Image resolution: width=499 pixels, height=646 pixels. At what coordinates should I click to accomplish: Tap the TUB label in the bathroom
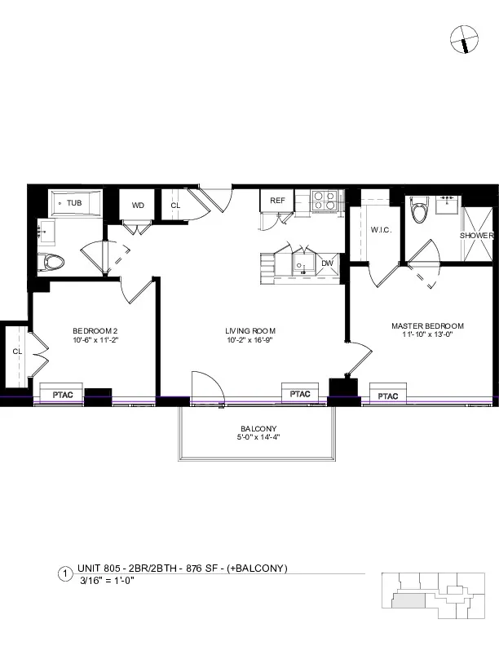click(74, 202)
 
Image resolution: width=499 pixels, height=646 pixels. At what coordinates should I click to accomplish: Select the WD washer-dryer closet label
click(138, 206)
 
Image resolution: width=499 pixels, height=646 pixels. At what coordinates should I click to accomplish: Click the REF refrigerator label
click(277, 201)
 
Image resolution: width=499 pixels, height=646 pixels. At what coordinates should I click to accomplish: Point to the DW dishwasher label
click(327, 263)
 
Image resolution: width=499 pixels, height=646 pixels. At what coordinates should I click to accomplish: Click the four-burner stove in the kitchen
click(324, 200)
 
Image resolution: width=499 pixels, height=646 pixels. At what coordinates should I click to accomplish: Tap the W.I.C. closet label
click(381, 230)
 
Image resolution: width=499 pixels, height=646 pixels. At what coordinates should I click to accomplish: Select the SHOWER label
click(476, 235)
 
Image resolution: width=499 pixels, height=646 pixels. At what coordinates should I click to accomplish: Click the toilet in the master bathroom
click(420, 210)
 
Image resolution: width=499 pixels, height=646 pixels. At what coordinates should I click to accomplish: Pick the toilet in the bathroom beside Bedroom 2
click(53, 263)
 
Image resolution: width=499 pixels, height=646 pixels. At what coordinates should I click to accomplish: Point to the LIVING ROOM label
click(249, 330)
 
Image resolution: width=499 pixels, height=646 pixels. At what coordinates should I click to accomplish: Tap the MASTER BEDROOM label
click(427, 325)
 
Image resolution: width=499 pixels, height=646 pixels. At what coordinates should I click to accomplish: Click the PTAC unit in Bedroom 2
click(64, 395)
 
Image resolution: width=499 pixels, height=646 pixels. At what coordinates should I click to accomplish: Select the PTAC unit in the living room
click(300, 394)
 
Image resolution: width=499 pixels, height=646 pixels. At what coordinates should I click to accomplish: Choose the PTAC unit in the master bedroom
click(388, 396)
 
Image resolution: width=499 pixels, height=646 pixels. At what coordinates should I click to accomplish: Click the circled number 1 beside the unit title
click(64, 574)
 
